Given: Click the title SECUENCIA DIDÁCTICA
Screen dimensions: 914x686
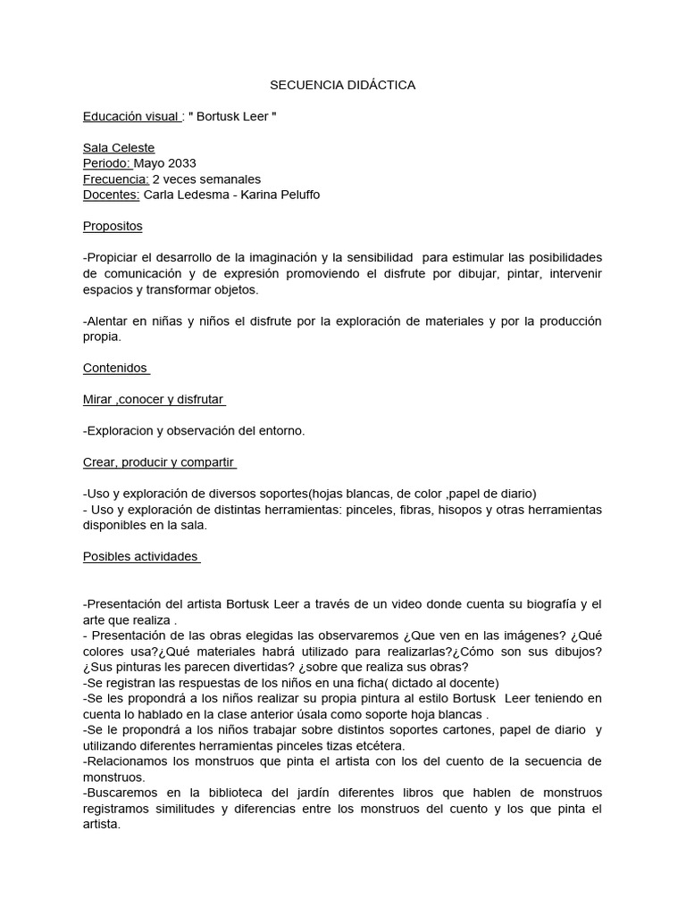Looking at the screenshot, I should (343, 86).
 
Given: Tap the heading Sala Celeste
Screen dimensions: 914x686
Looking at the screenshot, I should (119, 147).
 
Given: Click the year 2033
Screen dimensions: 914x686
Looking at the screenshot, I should (181, 163).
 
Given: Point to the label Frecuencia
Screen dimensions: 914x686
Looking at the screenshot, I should (115, 179).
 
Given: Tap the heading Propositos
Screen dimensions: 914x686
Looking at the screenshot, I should (113, 226).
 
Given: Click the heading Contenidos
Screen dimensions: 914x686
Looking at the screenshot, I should (116, 368).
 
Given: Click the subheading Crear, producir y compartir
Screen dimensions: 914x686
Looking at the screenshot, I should (159, 462).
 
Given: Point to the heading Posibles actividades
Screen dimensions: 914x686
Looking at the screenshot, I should (140, 556).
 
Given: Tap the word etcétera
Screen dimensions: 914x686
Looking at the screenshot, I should (380, 745).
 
